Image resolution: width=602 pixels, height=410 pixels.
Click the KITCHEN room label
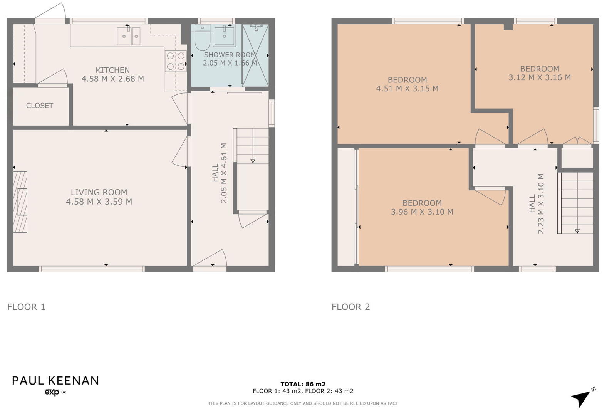point(112,70)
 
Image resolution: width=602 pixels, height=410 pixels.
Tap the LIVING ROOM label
point(99,192)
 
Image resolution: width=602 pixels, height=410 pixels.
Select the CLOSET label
point(40,106)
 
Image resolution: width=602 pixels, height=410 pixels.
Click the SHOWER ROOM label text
point(230,55)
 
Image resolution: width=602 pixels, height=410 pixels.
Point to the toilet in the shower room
point(202,39)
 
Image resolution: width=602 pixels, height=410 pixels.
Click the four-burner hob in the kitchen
point(176,61)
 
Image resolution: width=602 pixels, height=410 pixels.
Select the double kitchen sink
point(128,36)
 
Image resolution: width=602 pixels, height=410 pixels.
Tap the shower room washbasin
point(224,36)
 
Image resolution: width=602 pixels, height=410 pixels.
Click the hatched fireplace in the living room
point(20,202)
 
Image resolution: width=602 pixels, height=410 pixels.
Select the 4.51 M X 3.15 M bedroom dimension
point(407,89)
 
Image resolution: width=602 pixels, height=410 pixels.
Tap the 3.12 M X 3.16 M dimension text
point(539,77)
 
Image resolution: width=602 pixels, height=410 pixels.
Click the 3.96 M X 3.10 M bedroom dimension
point(422,212)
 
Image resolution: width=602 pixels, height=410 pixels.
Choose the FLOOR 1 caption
point(26,307)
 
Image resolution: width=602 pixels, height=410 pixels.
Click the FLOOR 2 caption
point(350,307)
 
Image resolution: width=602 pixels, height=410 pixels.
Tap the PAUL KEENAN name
point(55,381)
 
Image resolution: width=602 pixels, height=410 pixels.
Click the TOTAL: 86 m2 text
point(303,384)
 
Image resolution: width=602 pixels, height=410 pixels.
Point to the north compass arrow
point(582,398)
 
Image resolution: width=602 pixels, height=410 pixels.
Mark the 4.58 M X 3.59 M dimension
point(99,202)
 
